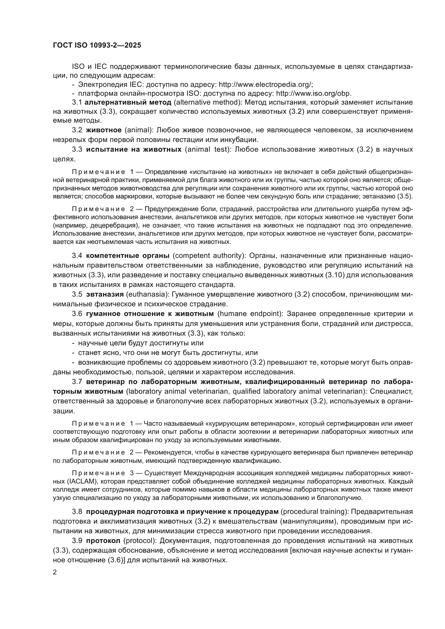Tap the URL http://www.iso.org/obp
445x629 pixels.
pos(313,93)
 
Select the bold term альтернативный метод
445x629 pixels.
pos(128,102)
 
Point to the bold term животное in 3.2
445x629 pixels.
pos(104,130)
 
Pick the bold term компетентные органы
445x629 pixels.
pos(128,256)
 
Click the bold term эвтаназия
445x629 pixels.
pos(105,294)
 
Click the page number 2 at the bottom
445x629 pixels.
pos(55,572)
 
